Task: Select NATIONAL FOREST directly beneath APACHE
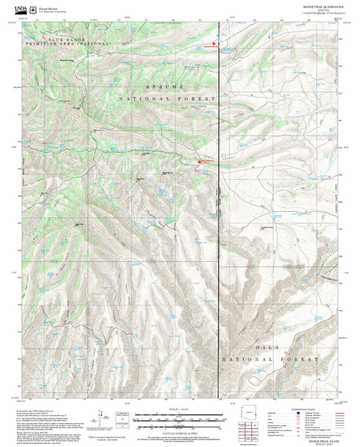pos(167,99)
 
